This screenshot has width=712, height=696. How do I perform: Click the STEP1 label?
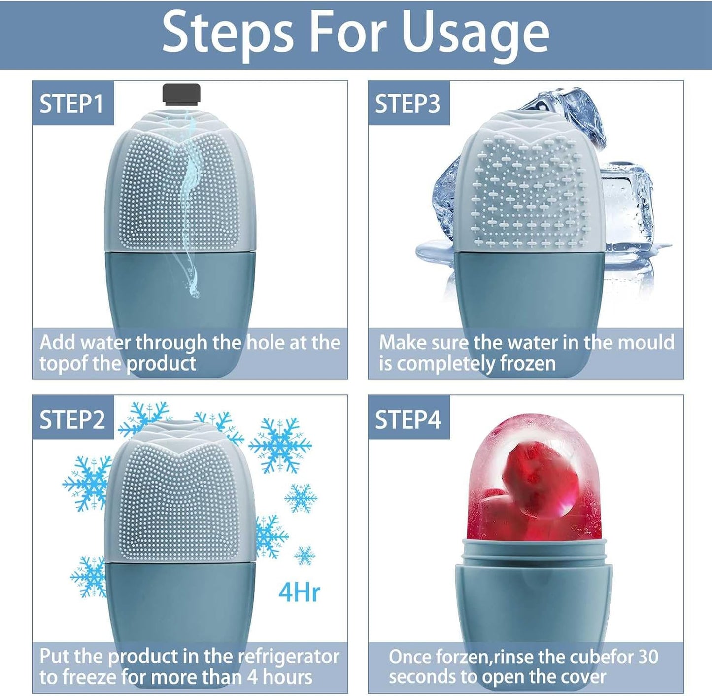[x=72, y=104]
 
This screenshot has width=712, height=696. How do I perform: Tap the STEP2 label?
[x=72, y=419]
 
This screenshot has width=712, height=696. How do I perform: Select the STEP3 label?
[x=407, y=104]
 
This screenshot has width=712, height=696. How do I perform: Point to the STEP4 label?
[x=407, y=419]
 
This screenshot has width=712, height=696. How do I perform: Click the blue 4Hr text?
[x=299, y=592]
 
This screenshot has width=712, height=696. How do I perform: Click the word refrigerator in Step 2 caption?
[x=288, y=657]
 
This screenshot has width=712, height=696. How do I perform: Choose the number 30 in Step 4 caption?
[x=647, y=657]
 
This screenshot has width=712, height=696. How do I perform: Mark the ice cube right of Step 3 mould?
[x=626, y=207]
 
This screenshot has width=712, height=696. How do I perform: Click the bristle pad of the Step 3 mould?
[x=530, y=192]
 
